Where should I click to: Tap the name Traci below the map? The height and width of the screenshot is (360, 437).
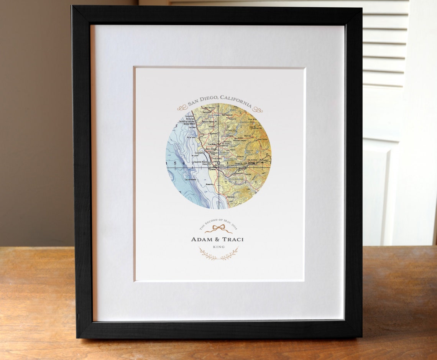point(231,240)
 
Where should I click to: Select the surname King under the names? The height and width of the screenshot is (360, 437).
point(219,247)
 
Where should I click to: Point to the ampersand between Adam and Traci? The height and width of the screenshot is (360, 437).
point(216,240)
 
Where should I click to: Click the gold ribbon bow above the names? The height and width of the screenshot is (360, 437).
point(218,229)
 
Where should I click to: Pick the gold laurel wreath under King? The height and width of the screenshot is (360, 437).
point(218,254)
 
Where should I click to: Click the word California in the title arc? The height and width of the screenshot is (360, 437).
point(236,101)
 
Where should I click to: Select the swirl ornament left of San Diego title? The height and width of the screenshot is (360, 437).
point(182,107)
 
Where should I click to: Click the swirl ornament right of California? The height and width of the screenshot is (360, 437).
point(258,110)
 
